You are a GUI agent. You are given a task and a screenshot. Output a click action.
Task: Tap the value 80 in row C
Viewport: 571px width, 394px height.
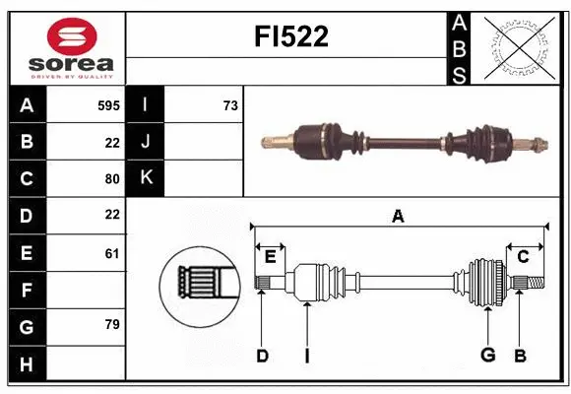111,179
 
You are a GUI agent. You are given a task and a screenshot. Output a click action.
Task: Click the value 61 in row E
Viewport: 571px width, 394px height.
111,253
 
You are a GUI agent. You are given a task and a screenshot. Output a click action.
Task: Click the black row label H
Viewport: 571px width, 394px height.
27,363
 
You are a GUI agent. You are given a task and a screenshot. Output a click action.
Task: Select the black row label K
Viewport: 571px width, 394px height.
146,178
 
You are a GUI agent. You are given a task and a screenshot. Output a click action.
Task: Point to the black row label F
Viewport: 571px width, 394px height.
27,291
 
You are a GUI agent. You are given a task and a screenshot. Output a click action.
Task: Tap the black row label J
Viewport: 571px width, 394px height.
146,142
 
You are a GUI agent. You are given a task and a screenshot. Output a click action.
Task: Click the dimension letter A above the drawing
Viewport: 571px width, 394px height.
398,217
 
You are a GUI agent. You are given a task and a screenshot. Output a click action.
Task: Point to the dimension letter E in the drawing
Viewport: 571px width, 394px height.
270,257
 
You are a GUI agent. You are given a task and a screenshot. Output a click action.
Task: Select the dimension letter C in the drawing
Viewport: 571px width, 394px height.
523,257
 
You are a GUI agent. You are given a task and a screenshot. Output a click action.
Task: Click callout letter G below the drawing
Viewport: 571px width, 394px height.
486,355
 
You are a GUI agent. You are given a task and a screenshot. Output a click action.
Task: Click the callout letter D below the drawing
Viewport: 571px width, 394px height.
262,356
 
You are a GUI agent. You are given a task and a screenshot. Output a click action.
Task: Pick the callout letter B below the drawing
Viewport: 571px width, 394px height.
521,355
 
